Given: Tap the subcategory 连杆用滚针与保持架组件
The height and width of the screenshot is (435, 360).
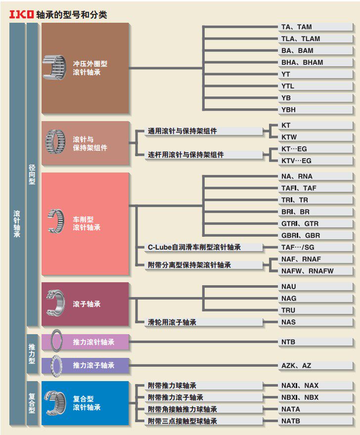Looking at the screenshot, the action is click(186, 155).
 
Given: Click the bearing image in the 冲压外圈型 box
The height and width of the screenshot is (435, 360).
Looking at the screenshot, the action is click(54, 67).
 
